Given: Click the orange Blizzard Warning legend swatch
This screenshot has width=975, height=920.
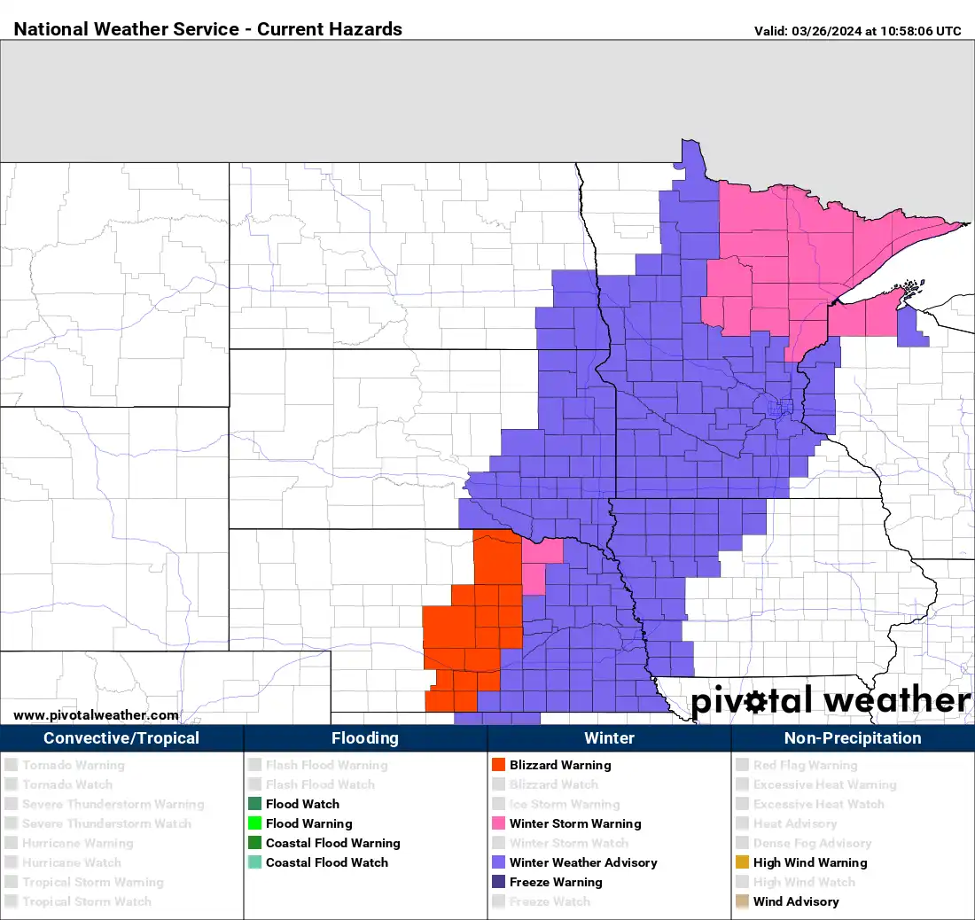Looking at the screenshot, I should [x=498, y=765].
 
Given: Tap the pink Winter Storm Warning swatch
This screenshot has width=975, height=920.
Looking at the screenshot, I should [x=498, y=823].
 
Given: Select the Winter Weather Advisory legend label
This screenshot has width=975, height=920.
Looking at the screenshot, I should [x=583, y=862].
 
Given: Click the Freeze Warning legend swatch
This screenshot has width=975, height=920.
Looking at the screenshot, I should [x=498, y=882].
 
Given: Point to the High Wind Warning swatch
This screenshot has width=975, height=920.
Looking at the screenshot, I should [x=742, y=862].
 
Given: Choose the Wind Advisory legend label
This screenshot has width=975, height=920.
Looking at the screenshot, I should [x=796, y=901].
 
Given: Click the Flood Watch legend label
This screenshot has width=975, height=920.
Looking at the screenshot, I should [x=302, y=804].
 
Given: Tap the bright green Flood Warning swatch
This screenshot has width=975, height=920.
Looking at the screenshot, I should [x=254, y=823].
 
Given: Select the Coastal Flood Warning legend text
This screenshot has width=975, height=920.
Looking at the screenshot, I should [x=332, y=843].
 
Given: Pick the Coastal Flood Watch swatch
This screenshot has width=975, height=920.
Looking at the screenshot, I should [x=254, y=862].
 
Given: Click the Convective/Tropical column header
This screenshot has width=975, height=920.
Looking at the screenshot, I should [x=121, y=738].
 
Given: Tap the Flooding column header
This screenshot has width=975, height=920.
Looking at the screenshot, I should [x=365, y=738].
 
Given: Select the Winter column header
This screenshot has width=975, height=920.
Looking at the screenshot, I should [x=609, y=738].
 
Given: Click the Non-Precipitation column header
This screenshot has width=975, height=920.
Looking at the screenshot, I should [x=853, y=738].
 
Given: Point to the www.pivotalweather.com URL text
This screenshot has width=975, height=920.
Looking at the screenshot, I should [x=96, y=715].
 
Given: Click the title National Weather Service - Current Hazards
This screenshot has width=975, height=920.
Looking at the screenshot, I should [x=208, y=29].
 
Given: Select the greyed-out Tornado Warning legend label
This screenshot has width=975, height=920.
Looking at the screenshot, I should [x=74, y=765].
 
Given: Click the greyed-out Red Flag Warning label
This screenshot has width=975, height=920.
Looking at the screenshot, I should [x=805, y=765].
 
